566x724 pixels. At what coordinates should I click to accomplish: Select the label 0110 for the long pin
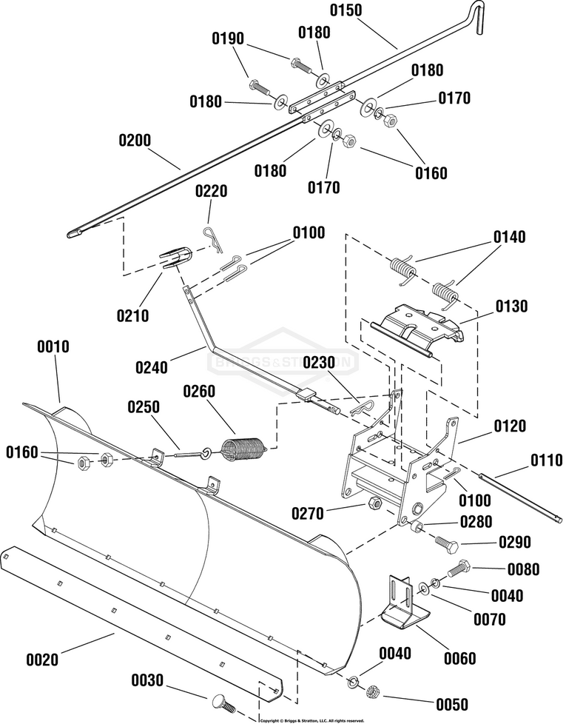click(545, 460)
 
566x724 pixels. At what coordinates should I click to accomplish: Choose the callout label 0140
click(510, 238)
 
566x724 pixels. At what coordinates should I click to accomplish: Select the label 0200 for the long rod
click(135, 138)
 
